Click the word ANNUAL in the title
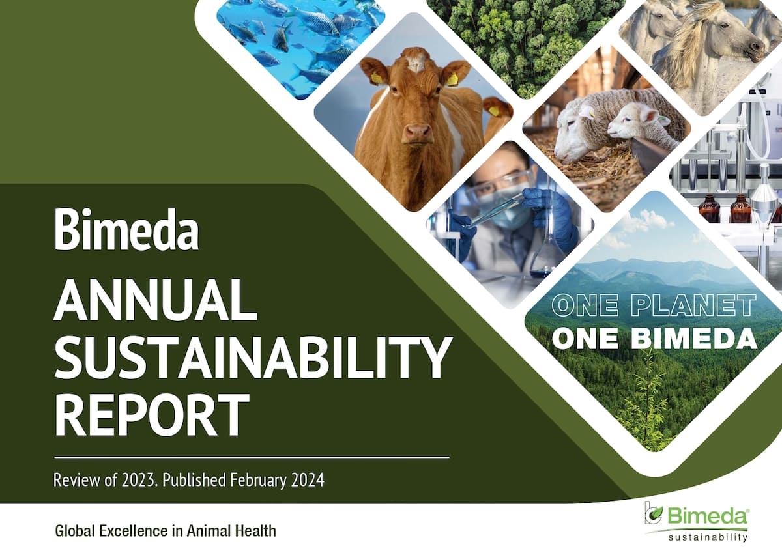coord(155,300)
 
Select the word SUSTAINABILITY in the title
coord(252,358)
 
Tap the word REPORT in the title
coord(152,416)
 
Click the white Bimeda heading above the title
coord(126,230)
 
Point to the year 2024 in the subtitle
coord(308,480)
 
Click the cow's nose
coord(417,133)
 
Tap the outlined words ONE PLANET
coord(654,305)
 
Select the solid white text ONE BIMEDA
coord(655,339)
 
